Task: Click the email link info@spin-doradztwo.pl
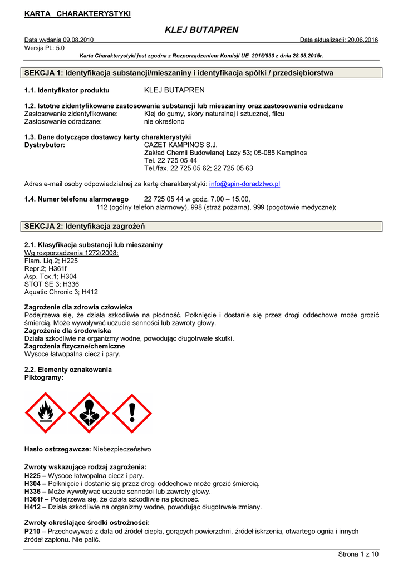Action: (244, 184)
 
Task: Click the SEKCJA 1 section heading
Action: (179, 73)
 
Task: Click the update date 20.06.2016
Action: (362, 40)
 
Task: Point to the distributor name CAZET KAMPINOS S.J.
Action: (176, 145)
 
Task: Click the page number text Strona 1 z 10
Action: (358, 554)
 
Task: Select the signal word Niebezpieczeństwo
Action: (121, 449)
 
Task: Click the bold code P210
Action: (33, 532)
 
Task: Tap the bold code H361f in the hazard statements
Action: (36, 499)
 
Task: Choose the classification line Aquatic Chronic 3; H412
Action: (61, 292)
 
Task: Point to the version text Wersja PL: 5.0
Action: (45, 48)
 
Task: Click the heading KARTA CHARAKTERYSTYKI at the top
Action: (77, 13)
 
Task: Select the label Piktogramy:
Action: (44, 377)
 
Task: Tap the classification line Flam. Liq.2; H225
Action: (51, 261)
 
